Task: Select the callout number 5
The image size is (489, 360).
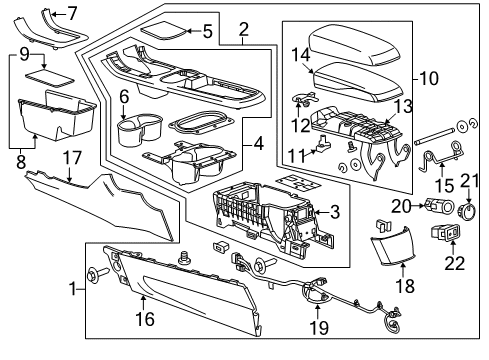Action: pos(207,32)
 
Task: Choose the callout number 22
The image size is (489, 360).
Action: pos(454,263)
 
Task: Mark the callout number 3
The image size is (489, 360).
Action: pos(335,211)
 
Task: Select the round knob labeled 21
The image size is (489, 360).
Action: pos(467,211)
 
